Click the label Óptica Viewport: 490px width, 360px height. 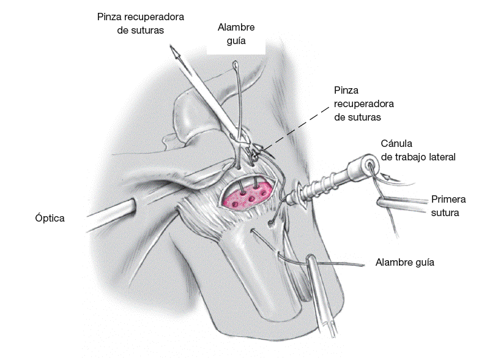[x=50, y=217]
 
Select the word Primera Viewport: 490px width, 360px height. [x=448, y=200]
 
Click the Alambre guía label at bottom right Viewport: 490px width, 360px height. [x=405, y=263]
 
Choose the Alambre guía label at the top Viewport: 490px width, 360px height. [x=236, y=34]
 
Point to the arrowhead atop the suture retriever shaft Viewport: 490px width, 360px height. [x=177, y=56]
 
